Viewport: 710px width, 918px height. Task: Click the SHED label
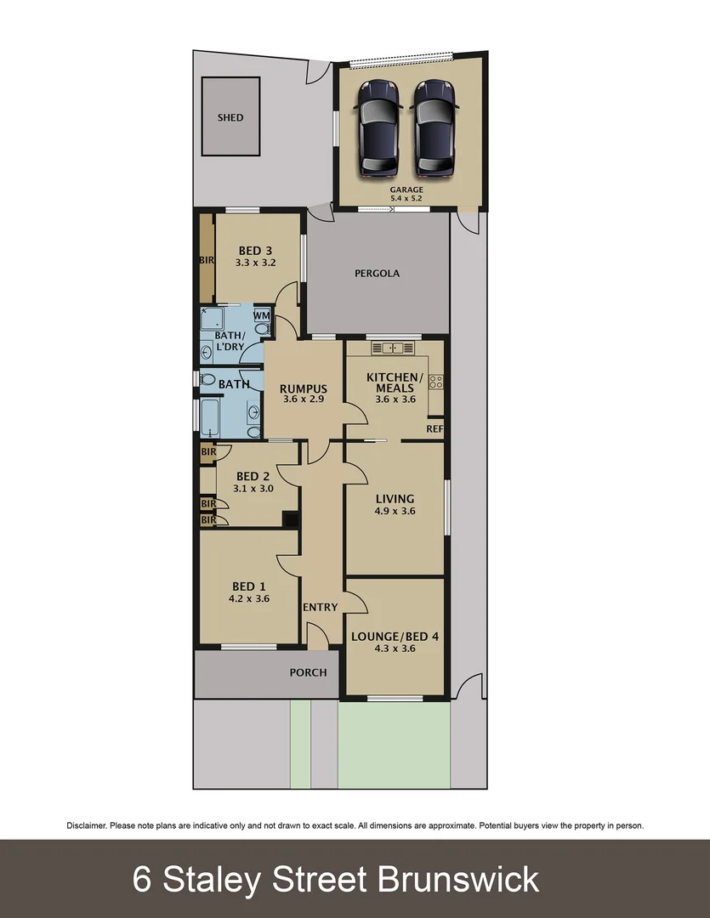[x=230, y=117]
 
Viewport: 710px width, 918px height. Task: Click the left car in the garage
[x=379, y=127]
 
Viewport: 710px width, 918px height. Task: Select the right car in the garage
[x=434, y=127]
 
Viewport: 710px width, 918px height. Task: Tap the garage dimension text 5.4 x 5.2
[x=406, y=198]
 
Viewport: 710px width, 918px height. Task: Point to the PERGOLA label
[x=377, y=274]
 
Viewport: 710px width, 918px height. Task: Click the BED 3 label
[x=255, y=251]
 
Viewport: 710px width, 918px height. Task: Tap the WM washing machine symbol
[x=262, y=315]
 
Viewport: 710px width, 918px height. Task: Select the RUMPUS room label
[x=304, y=389]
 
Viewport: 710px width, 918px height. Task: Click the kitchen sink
[x=393, y=347]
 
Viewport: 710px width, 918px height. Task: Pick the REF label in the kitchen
[x=435, y=429]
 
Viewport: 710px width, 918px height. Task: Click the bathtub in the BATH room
[x=210, y=416]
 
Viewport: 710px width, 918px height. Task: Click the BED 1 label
[x=249, y=586]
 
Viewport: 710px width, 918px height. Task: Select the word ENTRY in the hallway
[x=321, y=607]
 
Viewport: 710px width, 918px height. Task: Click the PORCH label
[x=308, y=672]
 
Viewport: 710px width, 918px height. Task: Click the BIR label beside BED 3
[x=207, y=260]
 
